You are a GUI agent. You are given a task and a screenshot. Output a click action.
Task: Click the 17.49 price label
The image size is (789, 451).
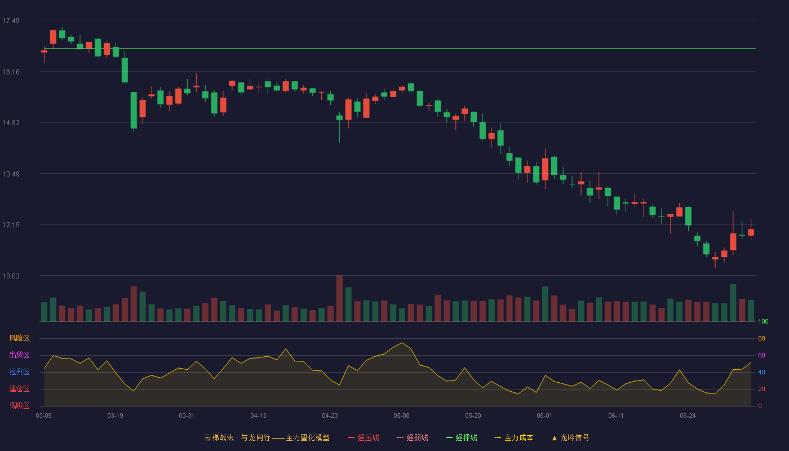point(11,21)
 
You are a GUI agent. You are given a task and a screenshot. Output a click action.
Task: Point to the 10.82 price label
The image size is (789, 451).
point(11,276)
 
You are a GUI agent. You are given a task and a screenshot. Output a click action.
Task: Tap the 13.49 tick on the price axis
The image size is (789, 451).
point(11,174)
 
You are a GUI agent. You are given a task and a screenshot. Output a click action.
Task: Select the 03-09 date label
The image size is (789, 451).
point(44,416)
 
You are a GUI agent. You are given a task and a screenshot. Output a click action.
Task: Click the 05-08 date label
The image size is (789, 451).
point(401,416)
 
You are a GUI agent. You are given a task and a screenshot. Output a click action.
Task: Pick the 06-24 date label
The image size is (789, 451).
point(688,416)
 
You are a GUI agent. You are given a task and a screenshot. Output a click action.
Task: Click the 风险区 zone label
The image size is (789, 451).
point(19,338)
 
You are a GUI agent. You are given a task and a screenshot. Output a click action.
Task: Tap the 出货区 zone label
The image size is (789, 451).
point(19,355)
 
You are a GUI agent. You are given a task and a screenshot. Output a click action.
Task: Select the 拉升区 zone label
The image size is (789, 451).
point(19,372)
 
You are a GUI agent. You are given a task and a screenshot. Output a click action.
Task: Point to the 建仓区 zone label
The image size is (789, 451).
point(19,388)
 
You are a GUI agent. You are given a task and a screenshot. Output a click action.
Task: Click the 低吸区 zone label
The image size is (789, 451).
point(19,405)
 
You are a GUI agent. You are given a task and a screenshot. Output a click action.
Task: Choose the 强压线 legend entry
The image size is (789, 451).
point(364,437)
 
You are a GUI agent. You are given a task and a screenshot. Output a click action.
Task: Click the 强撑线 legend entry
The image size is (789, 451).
point(462,437)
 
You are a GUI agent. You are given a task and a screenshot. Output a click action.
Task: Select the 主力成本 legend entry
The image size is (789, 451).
point(514,437)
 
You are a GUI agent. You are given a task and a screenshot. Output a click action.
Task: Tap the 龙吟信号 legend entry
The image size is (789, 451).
point(570,437)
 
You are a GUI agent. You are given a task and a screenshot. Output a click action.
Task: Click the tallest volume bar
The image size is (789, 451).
point(339,298)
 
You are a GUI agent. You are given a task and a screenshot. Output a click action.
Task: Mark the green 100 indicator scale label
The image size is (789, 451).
point(763,321)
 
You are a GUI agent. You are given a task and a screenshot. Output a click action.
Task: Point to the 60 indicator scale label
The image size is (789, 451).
point(761,355)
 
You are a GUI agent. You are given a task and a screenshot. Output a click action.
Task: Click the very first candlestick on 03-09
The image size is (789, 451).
point(44,51)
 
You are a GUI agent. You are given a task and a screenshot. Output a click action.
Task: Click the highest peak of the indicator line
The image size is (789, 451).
point(402,343)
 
